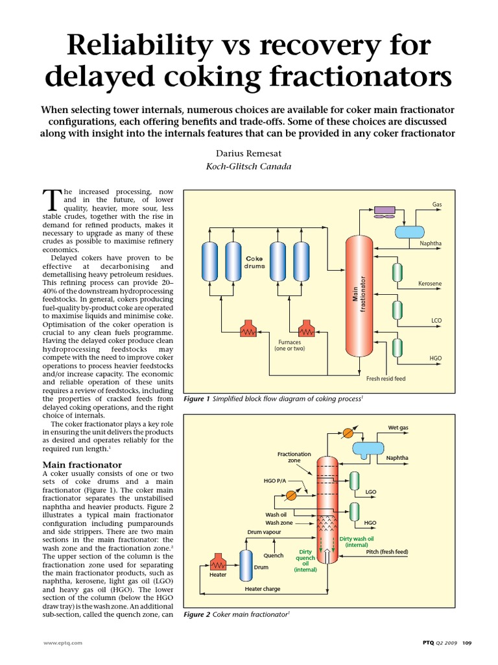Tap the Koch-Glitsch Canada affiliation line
[248, 166]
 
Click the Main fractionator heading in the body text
[82, 465]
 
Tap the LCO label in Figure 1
[436, 321]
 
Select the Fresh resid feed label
[386, 379]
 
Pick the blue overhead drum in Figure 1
[410, 232]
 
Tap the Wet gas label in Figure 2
[398, 427]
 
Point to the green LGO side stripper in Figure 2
[354, 481]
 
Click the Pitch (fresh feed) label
[387, 552]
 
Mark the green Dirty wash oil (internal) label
[357, 542]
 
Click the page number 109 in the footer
[475, 642]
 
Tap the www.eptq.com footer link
[63, 642]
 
